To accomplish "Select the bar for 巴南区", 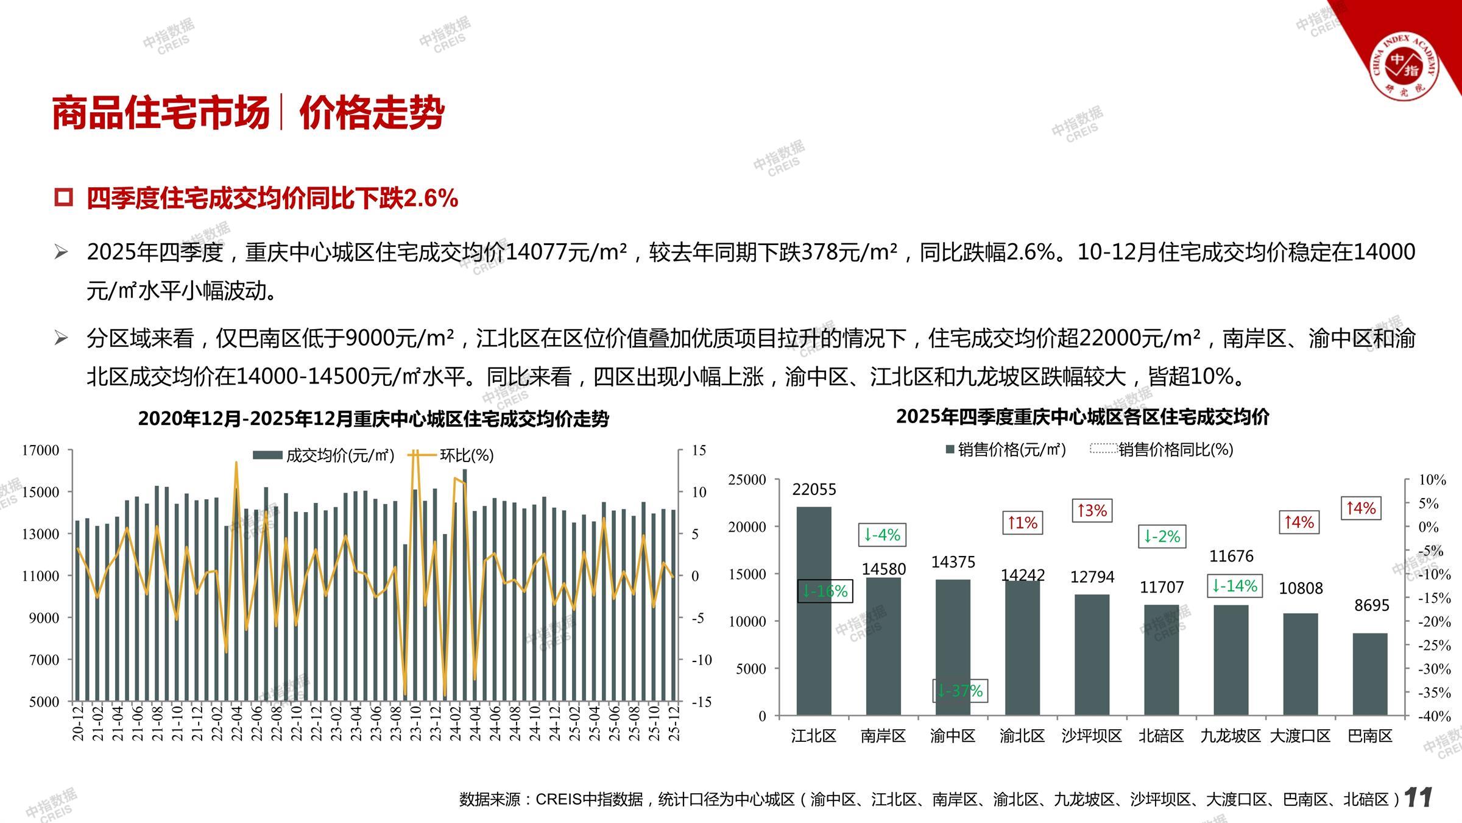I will tap(1370, 674).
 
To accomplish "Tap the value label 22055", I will tap(814, 490).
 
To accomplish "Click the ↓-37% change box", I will tap(960, 691).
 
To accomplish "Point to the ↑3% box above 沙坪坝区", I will tap(1092, 510).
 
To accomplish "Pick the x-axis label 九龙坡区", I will tap(1231, 736).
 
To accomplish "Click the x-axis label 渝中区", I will tap(953, 736).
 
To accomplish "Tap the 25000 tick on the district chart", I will tap(747, 480).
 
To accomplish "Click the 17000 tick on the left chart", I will tap(41, 451).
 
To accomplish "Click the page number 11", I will tap(1418, 797).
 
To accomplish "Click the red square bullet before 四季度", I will tap(63, 198).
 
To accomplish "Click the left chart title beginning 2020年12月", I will tap(373, 419).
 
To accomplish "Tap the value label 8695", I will tap(1372, 605).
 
